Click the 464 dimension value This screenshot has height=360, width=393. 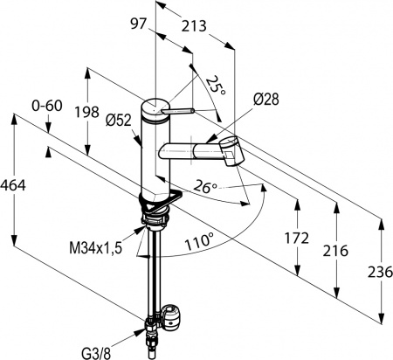tap(13, 185)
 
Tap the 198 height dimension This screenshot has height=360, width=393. tap(86, 112)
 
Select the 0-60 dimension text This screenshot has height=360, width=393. tap(47, 106)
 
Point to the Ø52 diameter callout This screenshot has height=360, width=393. tap(119, 120)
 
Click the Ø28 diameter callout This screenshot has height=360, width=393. tap(265, 100)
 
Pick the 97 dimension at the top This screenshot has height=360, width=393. tap(137, 24)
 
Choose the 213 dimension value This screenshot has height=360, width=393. tap(194, 26)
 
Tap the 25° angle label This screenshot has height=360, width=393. tap(216, 85)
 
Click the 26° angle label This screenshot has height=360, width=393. tap(205, 186)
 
